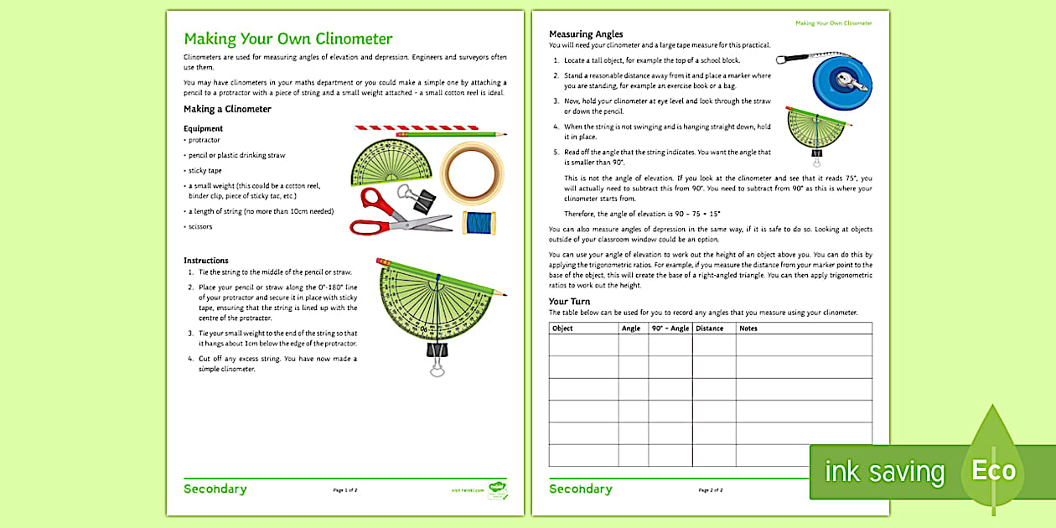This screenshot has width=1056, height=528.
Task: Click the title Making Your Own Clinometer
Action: click(287, 39)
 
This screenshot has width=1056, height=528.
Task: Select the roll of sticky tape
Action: click(471, 173)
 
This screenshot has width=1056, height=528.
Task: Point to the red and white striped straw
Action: click(417, 127)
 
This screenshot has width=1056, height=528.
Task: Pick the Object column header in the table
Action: click(563, 329)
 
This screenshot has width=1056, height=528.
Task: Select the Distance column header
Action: click(709, 329)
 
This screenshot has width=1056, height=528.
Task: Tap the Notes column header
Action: click(748, 329)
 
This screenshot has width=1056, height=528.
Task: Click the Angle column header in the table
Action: click(631, 329)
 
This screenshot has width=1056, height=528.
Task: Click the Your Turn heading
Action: click(569, 301)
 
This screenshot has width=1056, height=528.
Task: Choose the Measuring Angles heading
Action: click(586, 34)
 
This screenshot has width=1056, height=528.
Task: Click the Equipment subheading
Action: click(203, 128)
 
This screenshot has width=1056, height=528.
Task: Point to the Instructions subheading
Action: click(206, 261)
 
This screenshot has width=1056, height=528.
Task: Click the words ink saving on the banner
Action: click(884, 472)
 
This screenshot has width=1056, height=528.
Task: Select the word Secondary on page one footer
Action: click(215, 489)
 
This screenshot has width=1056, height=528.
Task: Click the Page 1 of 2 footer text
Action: click(345, 489)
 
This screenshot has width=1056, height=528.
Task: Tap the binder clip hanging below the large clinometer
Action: click(437, 356)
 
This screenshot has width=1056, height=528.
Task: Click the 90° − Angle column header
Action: click(670, 329)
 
